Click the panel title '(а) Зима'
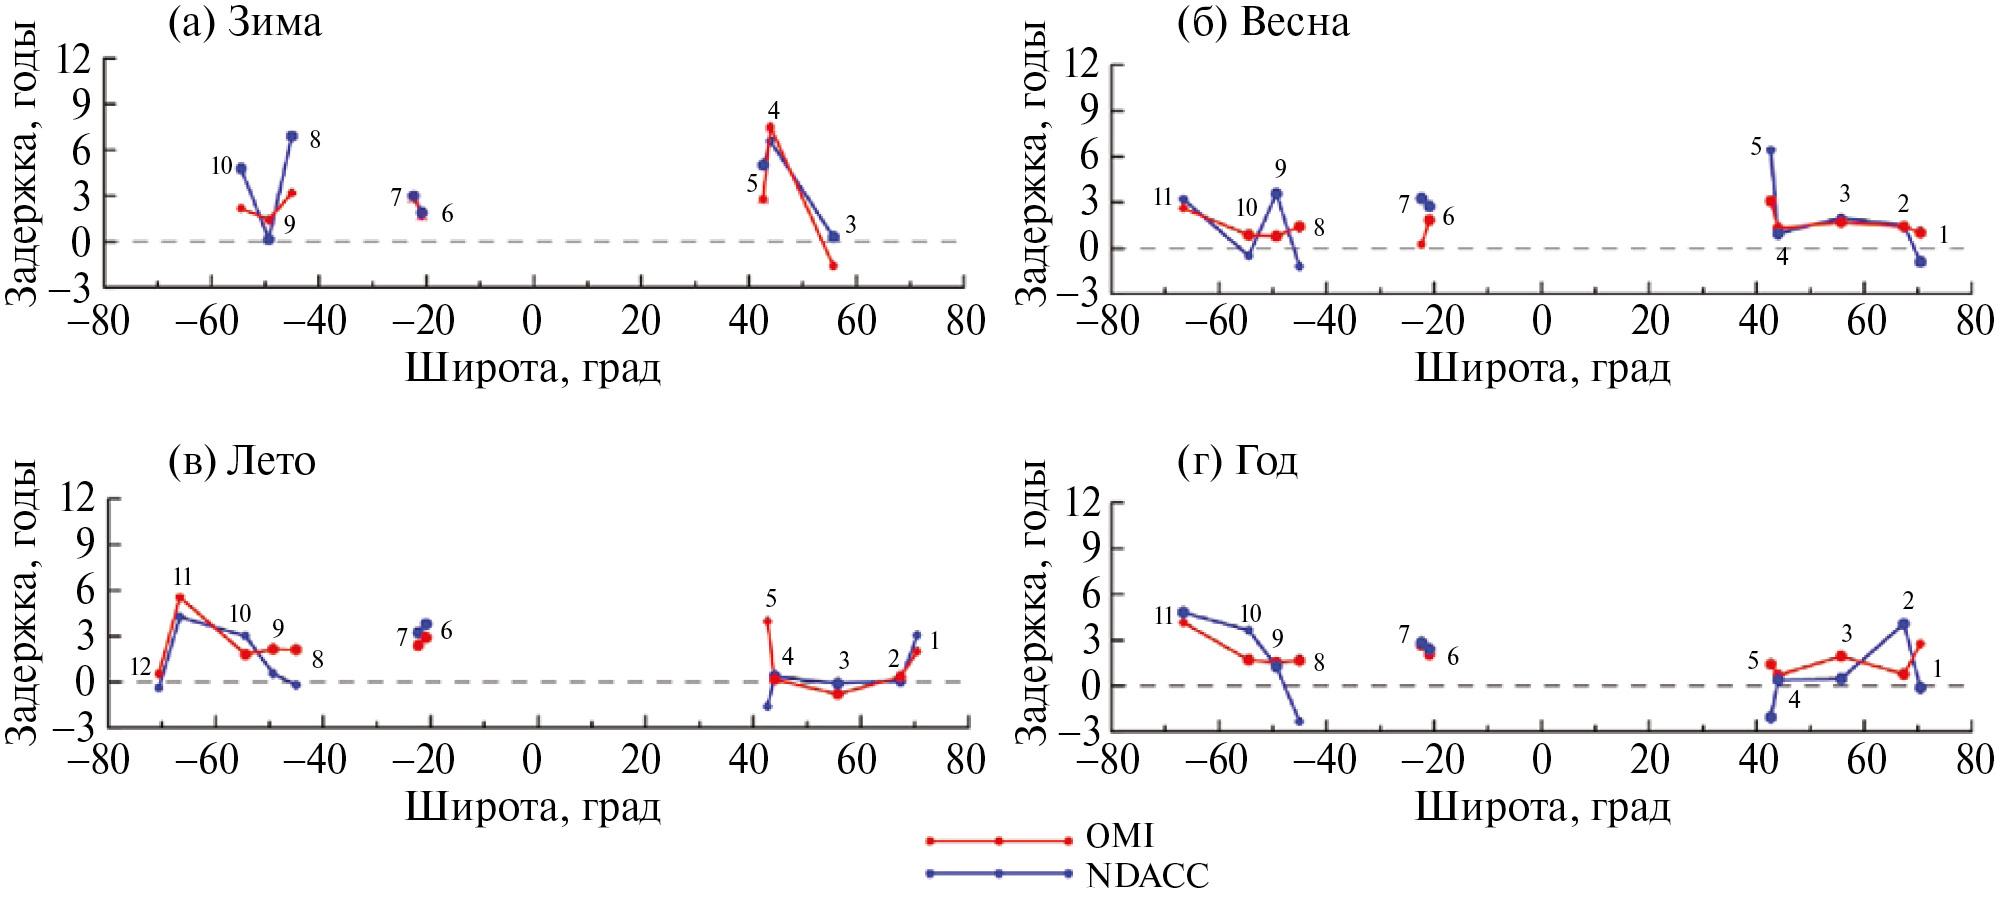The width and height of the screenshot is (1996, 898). pos(244,22)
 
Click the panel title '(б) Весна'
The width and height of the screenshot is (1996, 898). pos(1263,22)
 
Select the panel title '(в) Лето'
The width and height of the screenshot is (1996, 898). pos(242,461)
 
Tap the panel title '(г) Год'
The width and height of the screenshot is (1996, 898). pos(1238,461)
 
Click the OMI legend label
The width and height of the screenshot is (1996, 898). pos(1120,836)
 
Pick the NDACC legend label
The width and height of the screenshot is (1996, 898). pos(1148,876)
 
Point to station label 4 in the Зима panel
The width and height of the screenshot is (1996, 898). pos(773,110)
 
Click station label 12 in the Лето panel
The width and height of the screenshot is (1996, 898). pos(140,667)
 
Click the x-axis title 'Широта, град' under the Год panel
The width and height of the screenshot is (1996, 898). pos(1542,808)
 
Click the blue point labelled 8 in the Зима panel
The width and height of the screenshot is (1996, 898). pos(292,136)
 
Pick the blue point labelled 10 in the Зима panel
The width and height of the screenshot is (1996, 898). pos(241,168)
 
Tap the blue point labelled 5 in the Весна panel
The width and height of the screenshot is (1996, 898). pos(1770,150)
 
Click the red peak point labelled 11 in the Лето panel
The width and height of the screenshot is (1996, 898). pos(180,598)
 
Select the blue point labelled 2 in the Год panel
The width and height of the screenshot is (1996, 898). pos(1903,624)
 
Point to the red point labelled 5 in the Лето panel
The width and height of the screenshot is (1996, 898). pos(767,621)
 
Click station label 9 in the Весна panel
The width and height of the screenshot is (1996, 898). pos(1280,168)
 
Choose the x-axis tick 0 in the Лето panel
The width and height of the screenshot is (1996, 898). pos(532,760)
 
